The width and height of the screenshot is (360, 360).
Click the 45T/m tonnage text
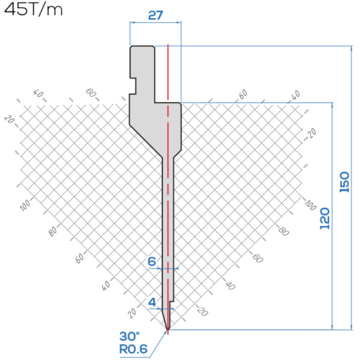33,9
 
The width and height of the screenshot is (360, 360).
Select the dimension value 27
156,15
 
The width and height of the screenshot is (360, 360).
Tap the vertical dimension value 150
344,182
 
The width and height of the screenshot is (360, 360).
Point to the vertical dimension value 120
325,218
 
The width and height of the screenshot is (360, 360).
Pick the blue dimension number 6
152,261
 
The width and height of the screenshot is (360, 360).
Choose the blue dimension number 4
152,302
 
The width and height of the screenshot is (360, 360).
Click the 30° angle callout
130,336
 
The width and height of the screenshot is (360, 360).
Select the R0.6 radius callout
133,349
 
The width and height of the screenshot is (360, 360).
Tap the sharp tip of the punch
168,330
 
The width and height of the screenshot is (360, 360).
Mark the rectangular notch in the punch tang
133,86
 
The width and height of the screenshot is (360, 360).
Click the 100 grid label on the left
25,205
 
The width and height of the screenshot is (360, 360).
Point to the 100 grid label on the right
310,204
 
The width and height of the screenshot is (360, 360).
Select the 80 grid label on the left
53,231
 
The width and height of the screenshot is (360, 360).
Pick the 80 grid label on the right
284,231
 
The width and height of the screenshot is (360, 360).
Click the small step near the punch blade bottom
171,302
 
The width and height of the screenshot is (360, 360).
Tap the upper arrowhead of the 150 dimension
351,48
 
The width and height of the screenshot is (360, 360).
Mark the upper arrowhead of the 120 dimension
333,105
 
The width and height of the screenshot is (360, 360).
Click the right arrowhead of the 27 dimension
179,22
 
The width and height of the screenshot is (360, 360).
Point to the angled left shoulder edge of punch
146,141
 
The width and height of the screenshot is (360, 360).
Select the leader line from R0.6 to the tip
158,343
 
